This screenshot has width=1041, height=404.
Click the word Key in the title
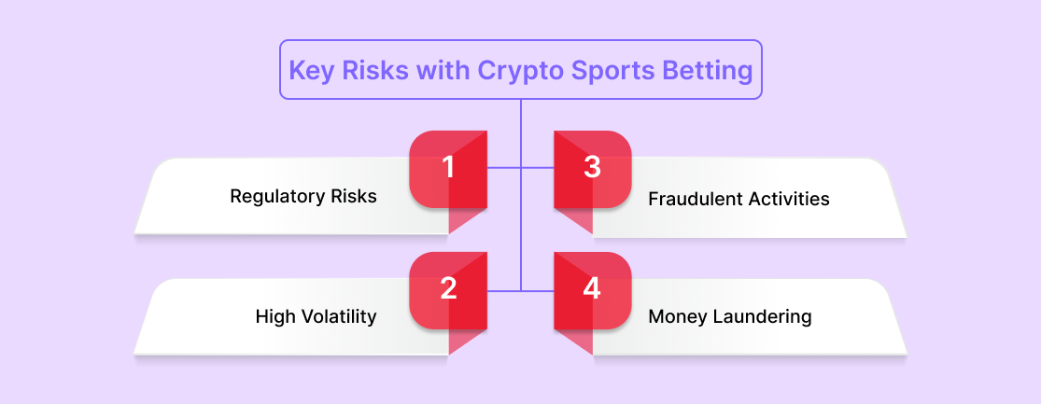click(x=312, y=70)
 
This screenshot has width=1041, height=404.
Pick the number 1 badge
click(x=448, y=169)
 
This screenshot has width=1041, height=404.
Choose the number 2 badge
click(x=448, y=290)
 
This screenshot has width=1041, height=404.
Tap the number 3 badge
click(x=592, y=169)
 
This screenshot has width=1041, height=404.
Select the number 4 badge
click(x=592, y=290)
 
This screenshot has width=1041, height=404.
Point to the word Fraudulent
click(x=691, y=199)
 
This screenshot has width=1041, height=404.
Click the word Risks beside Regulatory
click(x=355, y=197)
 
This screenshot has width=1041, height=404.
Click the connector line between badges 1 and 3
click(x=521, y=169)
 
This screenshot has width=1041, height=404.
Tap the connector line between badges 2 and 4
click(x=521, y=290)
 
